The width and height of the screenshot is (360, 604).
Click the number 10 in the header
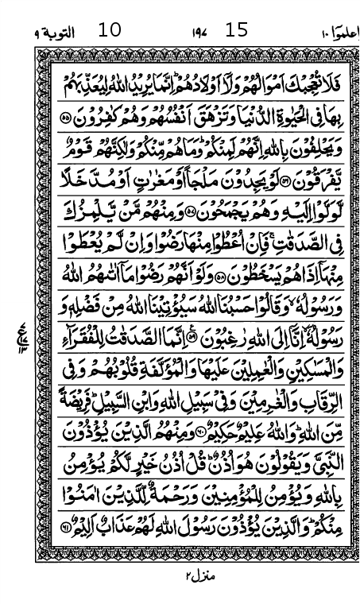[110, 31]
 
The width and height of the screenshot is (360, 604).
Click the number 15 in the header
[237, 31]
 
